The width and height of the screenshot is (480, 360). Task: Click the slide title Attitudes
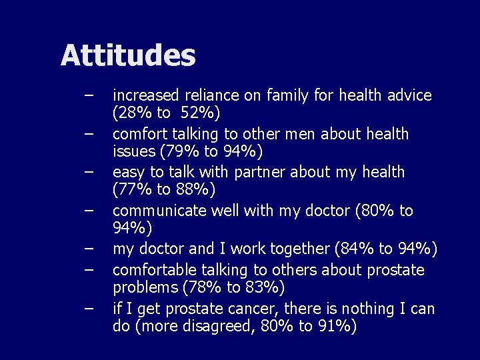[128, 55]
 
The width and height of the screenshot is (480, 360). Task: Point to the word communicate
[159, 211]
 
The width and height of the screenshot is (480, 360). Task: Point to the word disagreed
[211, 327]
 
